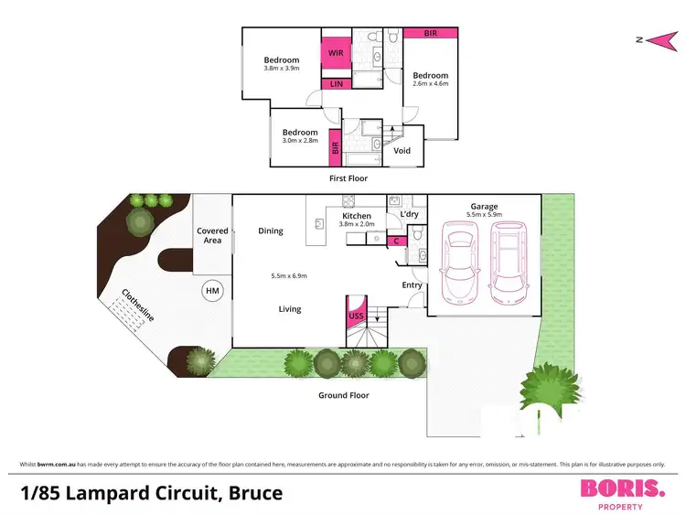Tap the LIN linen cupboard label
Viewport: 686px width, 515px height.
coord(335,84)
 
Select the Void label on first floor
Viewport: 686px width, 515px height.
coord(402,151)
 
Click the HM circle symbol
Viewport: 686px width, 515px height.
coord(212,291)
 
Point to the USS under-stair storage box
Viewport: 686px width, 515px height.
coord(357,316)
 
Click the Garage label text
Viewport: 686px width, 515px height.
coord(484,207)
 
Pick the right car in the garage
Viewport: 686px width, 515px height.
coord(509,264)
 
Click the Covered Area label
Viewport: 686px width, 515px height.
coord(212,236)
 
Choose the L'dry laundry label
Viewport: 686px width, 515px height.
coord(409,216)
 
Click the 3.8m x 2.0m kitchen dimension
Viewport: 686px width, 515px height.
coord(357,225)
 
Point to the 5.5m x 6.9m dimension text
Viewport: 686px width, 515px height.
coord(290,276)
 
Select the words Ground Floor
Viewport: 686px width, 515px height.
coord(344,395)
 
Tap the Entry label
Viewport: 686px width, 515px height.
coord(412,285)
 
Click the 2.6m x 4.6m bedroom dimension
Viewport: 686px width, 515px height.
coord(430,85)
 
